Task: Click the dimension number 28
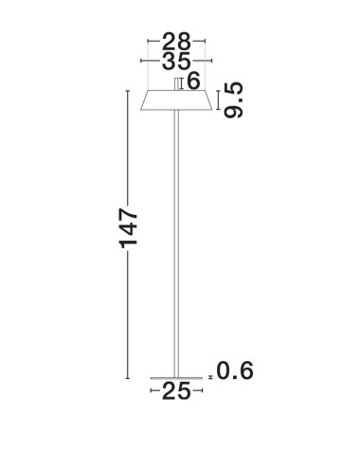(x=176, y=42)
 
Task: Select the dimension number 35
(x=176, y=63)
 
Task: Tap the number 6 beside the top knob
(x=194, y=82)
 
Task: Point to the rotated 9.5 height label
(x=235, y=99)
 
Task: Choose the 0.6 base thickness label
(x=238, y=370)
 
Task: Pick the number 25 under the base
(x=176, y=389)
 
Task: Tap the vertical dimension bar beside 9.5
(x=220, y=99)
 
